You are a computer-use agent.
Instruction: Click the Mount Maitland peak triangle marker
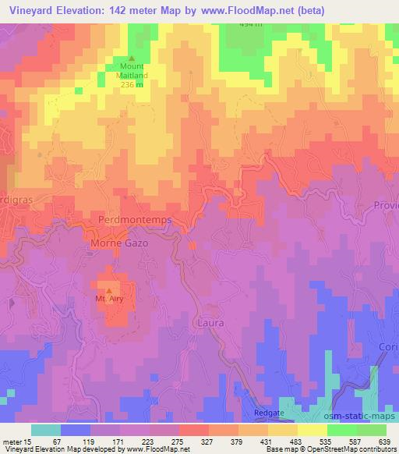pyautogui.click(x=131, y=59)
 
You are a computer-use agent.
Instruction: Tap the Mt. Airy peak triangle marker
pyautogui.click(x=108, y=290)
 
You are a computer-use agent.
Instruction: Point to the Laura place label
pyautogui.click(x=211, y=322)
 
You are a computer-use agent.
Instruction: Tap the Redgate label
pyautogui.click(x=270, y=413)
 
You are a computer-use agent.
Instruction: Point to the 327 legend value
pyautogui.click(x=193, y=441)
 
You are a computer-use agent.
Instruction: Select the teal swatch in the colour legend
pyautogui.click(x=45, y=430)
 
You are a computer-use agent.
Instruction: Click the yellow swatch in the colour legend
pyautogui.click(x=312, y=430)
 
